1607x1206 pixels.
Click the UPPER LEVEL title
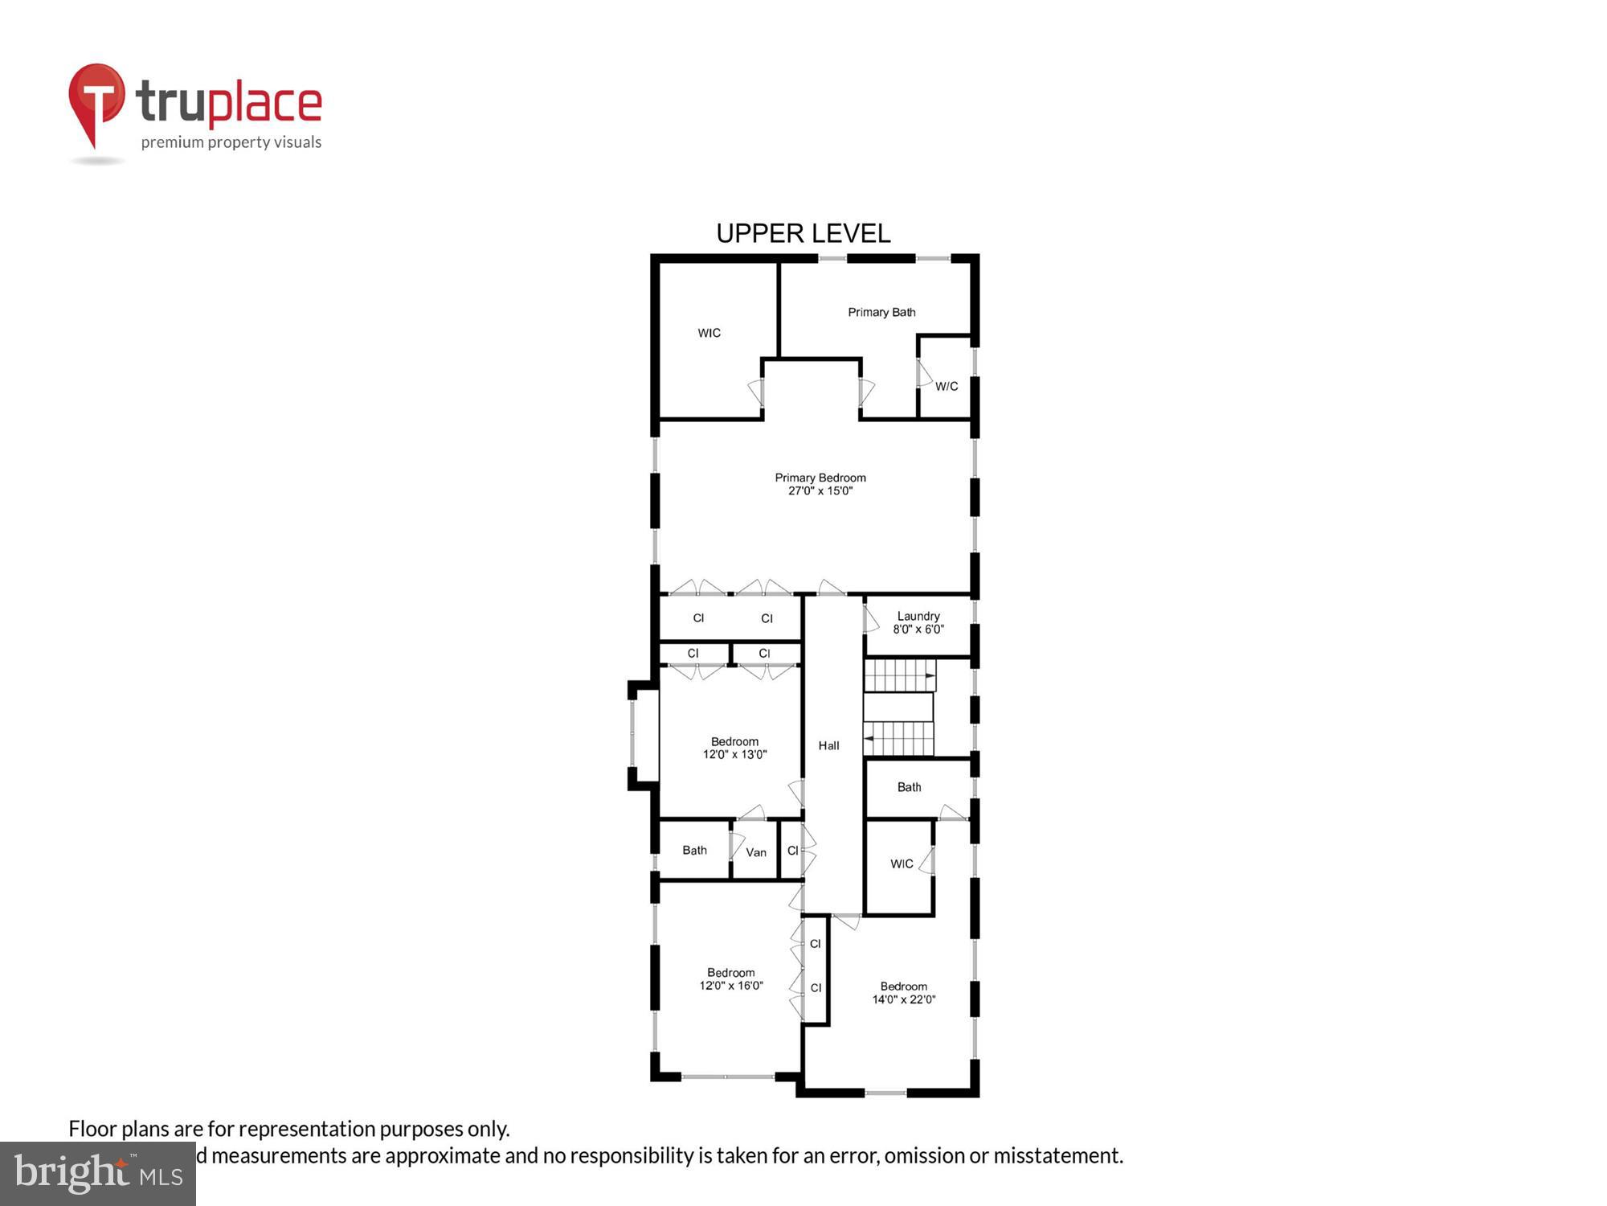pyautogui.click(x=803, y=234)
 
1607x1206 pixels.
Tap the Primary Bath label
pyautogui.click(x=881, y=312)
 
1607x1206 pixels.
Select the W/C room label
pyautogui.click(x=947, y=387)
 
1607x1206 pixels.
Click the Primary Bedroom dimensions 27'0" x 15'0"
pyautogui.click(x=820, y=491)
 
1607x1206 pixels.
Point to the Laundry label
pyautogui.click(x=918, y=616)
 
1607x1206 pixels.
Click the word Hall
pyautogui.click(x=828, y=746)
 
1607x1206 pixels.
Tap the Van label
pyautogui.click(x=756, y=852)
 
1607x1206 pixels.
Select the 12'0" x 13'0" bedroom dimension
pyautogui.click(x=734, y=755)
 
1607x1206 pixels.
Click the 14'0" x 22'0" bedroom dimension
pyautogui.click(x=904, y=1000)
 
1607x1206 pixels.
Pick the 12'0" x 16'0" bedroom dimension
pyautogui.click(x=730, y=986)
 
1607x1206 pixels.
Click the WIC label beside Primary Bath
pyautogui.click(x=709, y=333)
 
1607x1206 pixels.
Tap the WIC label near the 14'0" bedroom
pyautogui.click(x=902, y=864)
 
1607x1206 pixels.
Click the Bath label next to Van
pyautogui.click(x=694, y=851)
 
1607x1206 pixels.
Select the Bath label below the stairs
pyautogui.click(x=909, y=787)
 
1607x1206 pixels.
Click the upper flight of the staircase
pyautogui.click(x=899, y=675)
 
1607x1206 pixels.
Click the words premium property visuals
pyautogui.click(x=231, y=143)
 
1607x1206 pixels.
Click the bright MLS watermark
pyautogui.click(x=97, y=1174)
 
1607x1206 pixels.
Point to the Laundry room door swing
pyautogui.click(x=871, y=619)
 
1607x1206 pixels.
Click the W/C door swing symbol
pyautogui.click(x=924, y=374)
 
